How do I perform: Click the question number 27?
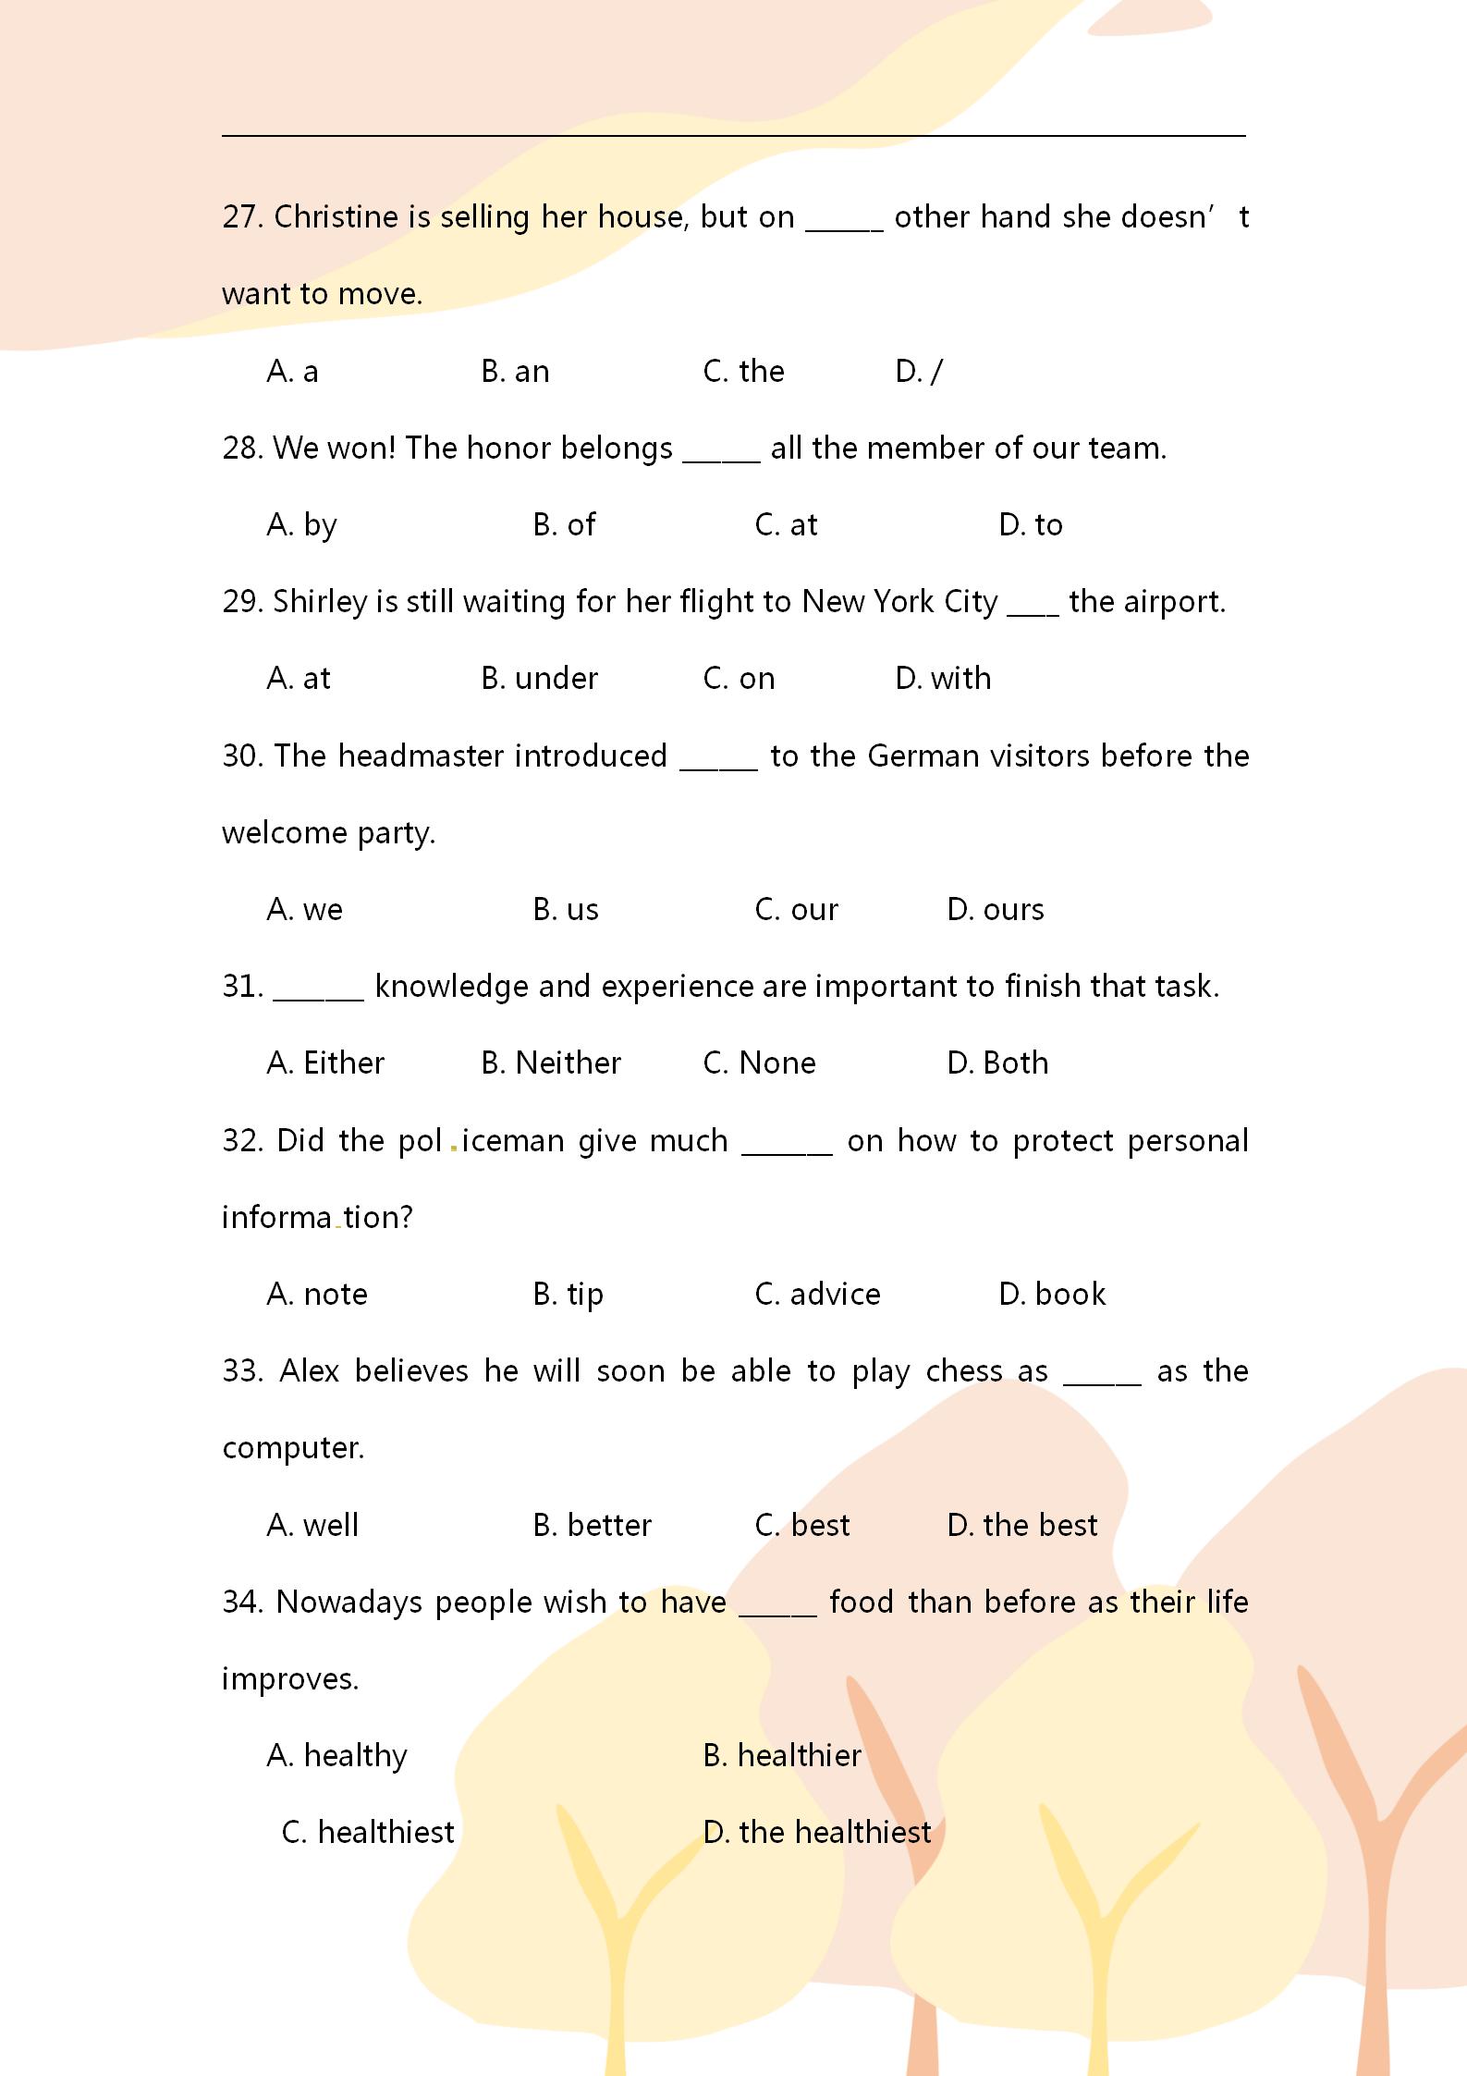coord(242,217)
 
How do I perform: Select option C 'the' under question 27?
coord(743,372)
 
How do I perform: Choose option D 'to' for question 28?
coord(1030,525)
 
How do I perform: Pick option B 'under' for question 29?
coord(539,679)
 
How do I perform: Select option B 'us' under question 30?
coord(565,910)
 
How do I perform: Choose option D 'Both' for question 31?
coord(997,1063)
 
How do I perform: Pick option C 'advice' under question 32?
coord(817,1295)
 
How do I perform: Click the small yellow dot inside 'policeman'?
coord(453,1149)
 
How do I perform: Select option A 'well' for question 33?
coord(312,1525)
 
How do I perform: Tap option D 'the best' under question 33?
coord(1021,1525)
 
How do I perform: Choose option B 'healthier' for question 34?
coord(781,1756)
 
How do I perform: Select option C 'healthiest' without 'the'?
coord(368,1833)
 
